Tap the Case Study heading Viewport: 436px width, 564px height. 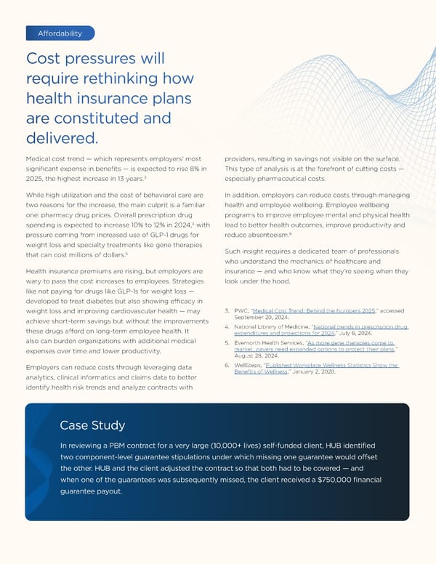(92, 425)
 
